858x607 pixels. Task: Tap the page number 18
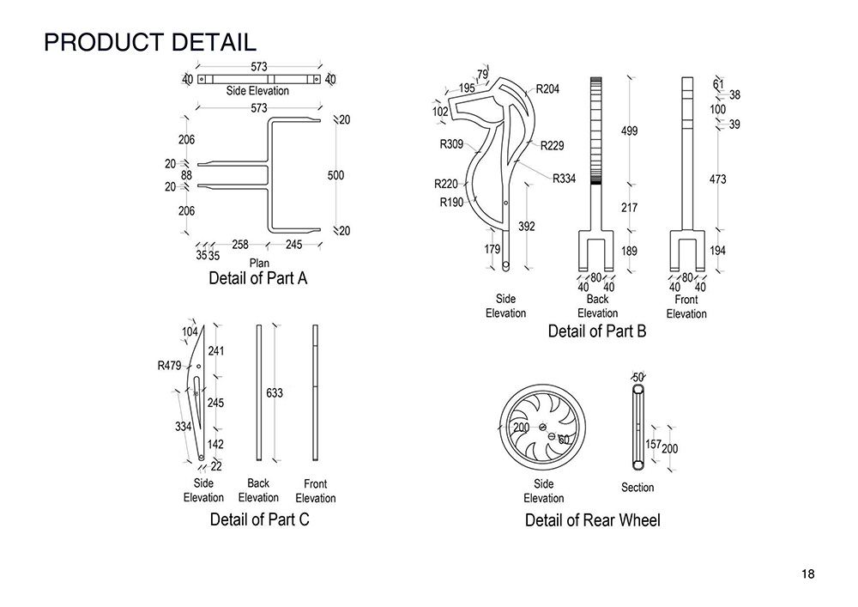pyautogui.click(x=807, y=574)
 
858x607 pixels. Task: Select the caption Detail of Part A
pyautogui.click(x=257, y=279)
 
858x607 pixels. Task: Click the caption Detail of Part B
pyautogui.click(x=597, y=331)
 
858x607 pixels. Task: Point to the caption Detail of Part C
pyautogui.click(x=259, y=519)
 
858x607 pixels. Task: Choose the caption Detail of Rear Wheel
pyautogui.click(x=593, y=520)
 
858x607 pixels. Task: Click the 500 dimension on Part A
pyautogui.click(x=335, y=175)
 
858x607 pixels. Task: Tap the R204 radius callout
pyautogui.click(x=548, y=88)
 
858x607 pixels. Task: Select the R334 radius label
pyautogui.click(x=564, y=178)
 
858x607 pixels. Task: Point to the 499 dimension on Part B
pyautogui.click(x=629, y=131)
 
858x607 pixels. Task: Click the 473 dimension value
pyautogui.click(x=718, y=179)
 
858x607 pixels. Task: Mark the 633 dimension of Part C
pyautogui.click(x=275, y=392)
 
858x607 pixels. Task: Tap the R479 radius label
pyautogui.click(x=170, y=366)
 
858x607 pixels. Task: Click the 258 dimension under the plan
pyautogui.click(x=240, y=245)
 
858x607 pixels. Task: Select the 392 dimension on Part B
pyautogui.click(x=527, y=226)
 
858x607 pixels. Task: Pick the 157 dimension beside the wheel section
pyautogui.click(x=653, y=444)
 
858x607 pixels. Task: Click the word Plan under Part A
pyautogui.click(x=260, y=262)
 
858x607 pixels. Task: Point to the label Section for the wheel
pyautogui.click(x=637, y=488)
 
